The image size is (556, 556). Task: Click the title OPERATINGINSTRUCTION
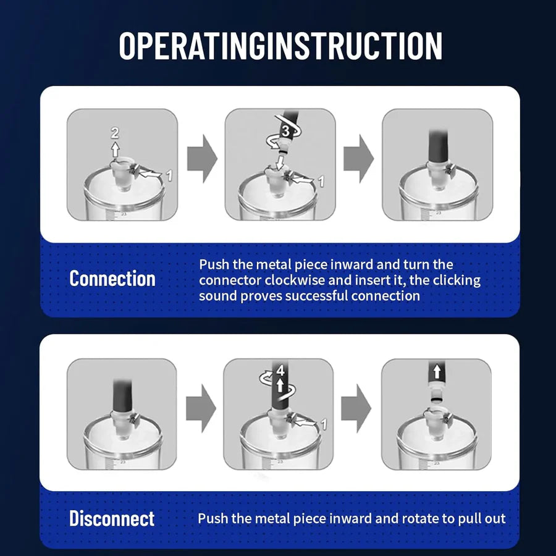click(280, 46)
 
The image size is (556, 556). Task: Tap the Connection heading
click(112, 279)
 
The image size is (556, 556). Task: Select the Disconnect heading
click(112, 518)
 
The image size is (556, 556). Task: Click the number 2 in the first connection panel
click(114, 132)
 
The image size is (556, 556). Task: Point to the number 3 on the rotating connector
click(285, 131)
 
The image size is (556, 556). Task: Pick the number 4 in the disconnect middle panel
click(280, 371)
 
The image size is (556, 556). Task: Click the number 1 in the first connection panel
click(169, 175)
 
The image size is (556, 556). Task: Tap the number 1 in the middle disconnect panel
click(322, 424)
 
